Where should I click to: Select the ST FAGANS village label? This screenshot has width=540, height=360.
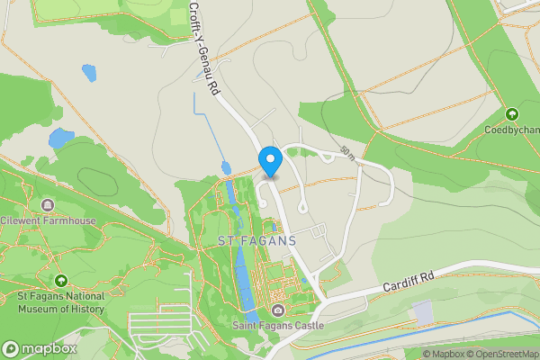click(256, 241)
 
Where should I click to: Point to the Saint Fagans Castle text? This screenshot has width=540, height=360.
click(278, 325)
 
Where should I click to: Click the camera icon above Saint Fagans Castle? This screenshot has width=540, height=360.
click(278, 311)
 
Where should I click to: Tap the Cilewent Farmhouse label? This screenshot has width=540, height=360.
click(47, 220)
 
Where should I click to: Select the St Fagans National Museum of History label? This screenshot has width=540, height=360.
click(61, 302)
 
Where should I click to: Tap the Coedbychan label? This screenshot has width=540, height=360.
click(512, 129)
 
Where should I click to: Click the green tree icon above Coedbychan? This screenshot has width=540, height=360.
click(512, 114)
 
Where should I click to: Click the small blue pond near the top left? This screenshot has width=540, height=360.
click(88, 72)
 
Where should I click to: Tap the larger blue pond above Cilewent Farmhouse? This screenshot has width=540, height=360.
click(61, 139)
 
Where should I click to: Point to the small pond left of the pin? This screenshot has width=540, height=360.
click(225, 168)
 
